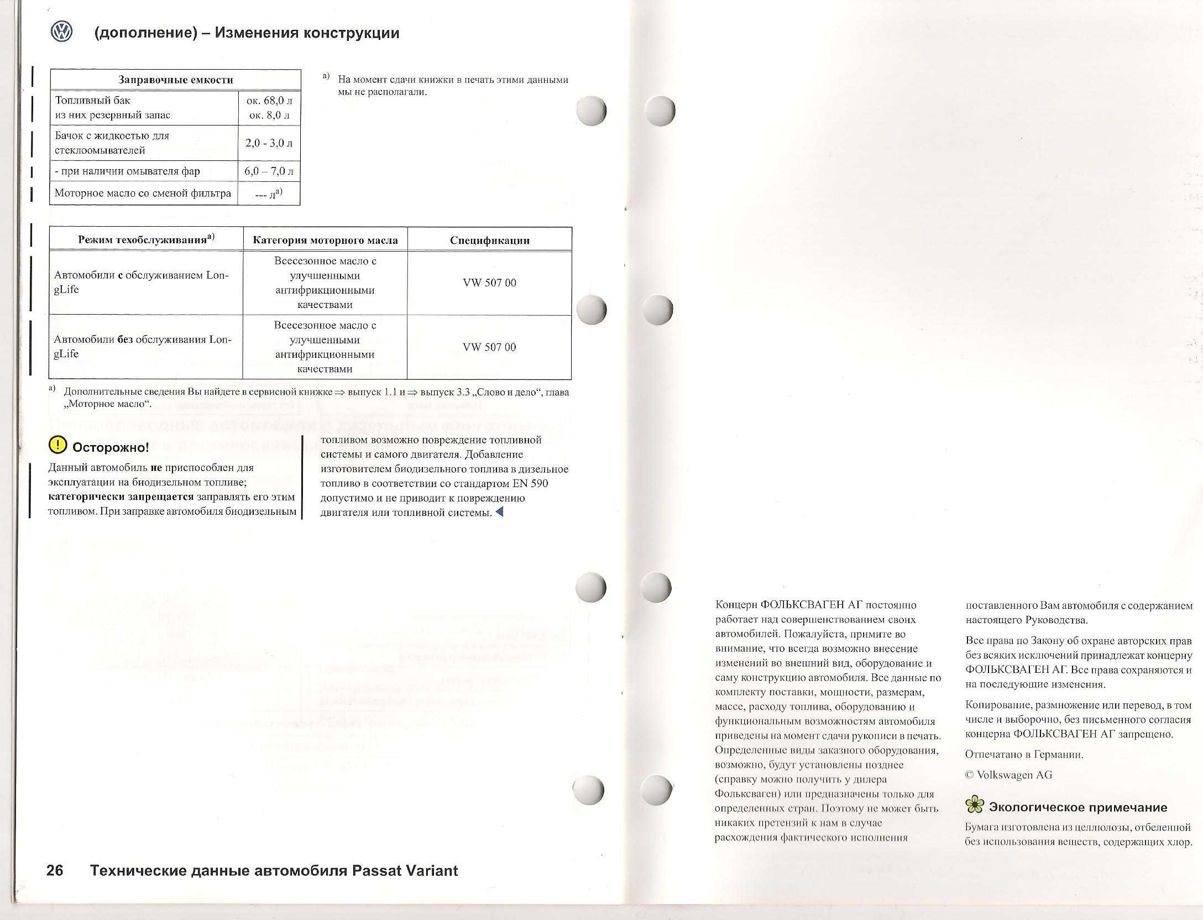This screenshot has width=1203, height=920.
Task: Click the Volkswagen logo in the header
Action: (x=61, y=32)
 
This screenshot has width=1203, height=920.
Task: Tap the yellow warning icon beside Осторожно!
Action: (x=57, y=445)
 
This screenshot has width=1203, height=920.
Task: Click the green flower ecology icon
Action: (x=975, y=805)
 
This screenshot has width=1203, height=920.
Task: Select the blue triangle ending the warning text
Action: (x=500, y=512)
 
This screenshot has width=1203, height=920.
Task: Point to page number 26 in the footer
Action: (x=55, y=871)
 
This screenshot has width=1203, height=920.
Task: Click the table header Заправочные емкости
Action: (x=176, y=80)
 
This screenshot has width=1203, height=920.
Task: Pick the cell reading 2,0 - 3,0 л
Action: (x=269, y=143)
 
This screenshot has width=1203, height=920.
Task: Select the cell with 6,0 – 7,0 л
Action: (x=269, y=171)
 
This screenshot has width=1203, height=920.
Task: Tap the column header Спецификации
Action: (x=489, y=240)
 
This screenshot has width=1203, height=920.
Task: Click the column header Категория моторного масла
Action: (x=325, y=240)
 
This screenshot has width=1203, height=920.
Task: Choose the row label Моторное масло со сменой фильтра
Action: (x=143, y=193)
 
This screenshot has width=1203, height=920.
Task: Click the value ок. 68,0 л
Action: (x=269, y=101)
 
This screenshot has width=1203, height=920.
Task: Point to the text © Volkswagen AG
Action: (x=1008, y=775)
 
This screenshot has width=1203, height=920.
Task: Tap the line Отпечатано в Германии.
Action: (x=1024, y=754)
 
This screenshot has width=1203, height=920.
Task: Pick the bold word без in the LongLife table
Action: (x=125, y=339)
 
